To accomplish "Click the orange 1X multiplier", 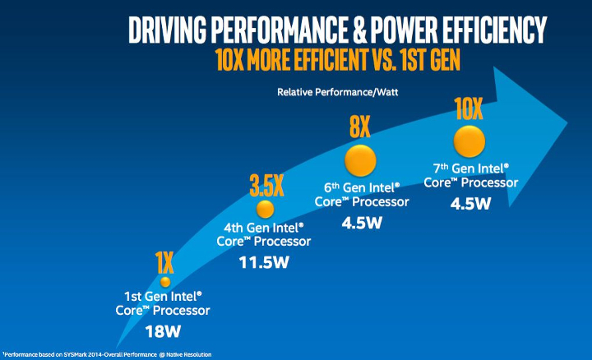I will [164, 262].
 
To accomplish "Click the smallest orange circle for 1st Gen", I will [164, 282].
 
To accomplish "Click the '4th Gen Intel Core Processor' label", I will [266, 233].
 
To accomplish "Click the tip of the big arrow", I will [567, 123].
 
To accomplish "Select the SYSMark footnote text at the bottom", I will [107, 354].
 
